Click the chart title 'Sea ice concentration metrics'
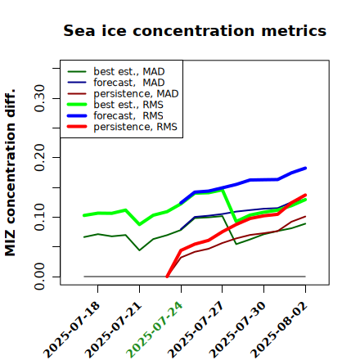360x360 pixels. click(x=195, y=30)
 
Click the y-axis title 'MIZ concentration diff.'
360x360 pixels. click(x=10, y=173)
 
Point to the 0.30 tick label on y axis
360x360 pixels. click(x=39, y=98)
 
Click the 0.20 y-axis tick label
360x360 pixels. click(x=39, y=158)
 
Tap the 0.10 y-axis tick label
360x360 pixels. click(x=39, y=217)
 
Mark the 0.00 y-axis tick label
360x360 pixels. click(x=39, y=277)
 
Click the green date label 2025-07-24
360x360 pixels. click(x=155, y=330)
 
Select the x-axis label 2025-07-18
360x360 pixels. click(x=71, y=330)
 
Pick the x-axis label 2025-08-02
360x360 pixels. click(x=279, y=330)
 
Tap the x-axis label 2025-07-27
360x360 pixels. click(x=196, y=330)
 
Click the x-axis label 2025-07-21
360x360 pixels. click(x=113, y=330)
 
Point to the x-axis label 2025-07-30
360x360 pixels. click(x=237, y=330)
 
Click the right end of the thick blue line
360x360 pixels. click(x=305, y=168)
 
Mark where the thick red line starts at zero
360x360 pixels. click(x=167, y=277)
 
